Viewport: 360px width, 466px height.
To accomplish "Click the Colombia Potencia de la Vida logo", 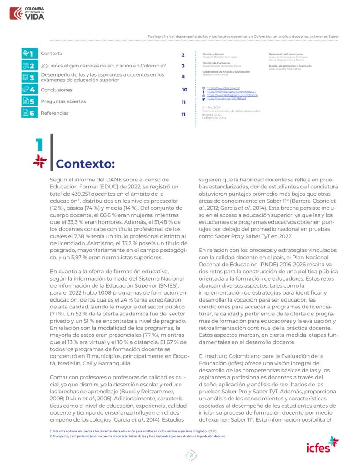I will [27, 13].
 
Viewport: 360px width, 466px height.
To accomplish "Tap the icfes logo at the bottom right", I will [322, 445].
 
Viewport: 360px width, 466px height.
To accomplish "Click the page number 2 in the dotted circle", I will [191, 456].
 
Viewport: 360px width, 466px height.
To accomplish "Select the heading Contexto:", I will [85, 164].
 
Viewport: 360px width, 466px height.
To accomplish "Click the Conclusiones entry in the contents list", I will [57, 90].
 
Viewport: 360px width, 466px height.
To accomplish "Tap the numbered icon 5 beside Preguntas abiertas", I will [29, 101].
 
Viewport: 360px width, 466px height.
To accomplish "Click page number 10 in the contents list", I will [184, 90].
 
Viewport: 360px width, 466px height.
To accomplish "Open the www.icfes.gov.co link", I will [223, 88].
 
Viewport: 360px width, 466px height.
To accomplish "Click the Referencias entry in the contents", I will [54, 113].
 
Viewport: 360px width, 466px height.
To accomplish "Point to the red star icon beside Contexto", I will [40, 161].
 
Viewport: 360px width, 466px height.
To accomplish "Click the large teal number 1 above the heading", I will [40, 145].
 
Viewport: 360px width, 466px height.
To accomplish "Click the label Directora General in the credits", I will [213, 54].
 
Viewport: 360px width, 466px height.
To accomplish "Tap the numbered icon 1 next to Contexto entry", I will [29, 54].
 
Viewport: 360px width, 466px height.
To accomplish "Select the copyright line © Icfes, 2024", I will [211, 107].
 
